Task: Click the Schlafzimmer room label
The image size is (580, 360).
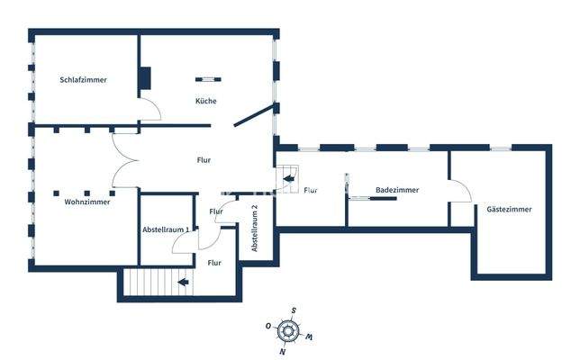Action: [x=83, y=80]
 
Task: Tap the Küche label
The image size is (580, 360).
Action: [x=205, y=102]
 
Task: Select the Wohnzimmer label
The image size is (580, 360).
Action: [x=87, y=202]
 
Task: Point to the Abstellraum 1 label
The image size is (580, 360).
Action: [x=167, y=230]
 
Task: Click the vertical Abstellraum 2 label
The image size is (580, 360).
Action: [x=255, y=227]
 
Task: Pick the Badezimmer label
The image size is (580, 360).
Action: [x=397, y=191]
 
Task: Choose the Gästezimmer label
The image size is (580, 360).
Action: [x=509, y=209]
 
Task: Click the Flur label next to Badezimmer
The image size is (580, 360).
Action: [x=311, y=191]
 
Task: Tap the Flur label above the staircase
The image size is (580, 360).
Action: [x=214, y=263]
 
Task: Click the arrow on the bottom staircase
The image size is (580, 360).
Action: [x=183, y=283]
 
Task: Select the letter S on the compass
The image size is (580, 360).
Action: [x=295, y=310]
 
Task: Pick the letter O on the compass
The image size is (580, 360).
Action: [x=268, y=326]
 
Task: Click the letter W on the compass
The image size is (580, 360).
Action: [x=311, y=337]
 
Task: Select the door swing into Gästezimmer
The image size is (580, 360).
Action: [x=461, y=193]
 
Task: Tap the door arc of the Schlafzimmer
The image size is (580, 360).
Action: [x=150, y=111]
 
